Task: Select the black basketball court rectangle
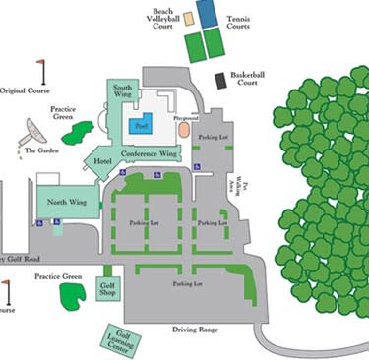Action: click(x=220, y=82)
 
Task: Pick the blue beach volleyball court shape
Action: click(x=208, y=12)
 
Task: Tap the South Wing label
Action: click(x=123, y=93)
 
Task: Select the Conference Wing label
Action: click(x=149, y=154)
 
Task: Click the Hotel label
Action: click(x=101, y=160)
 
